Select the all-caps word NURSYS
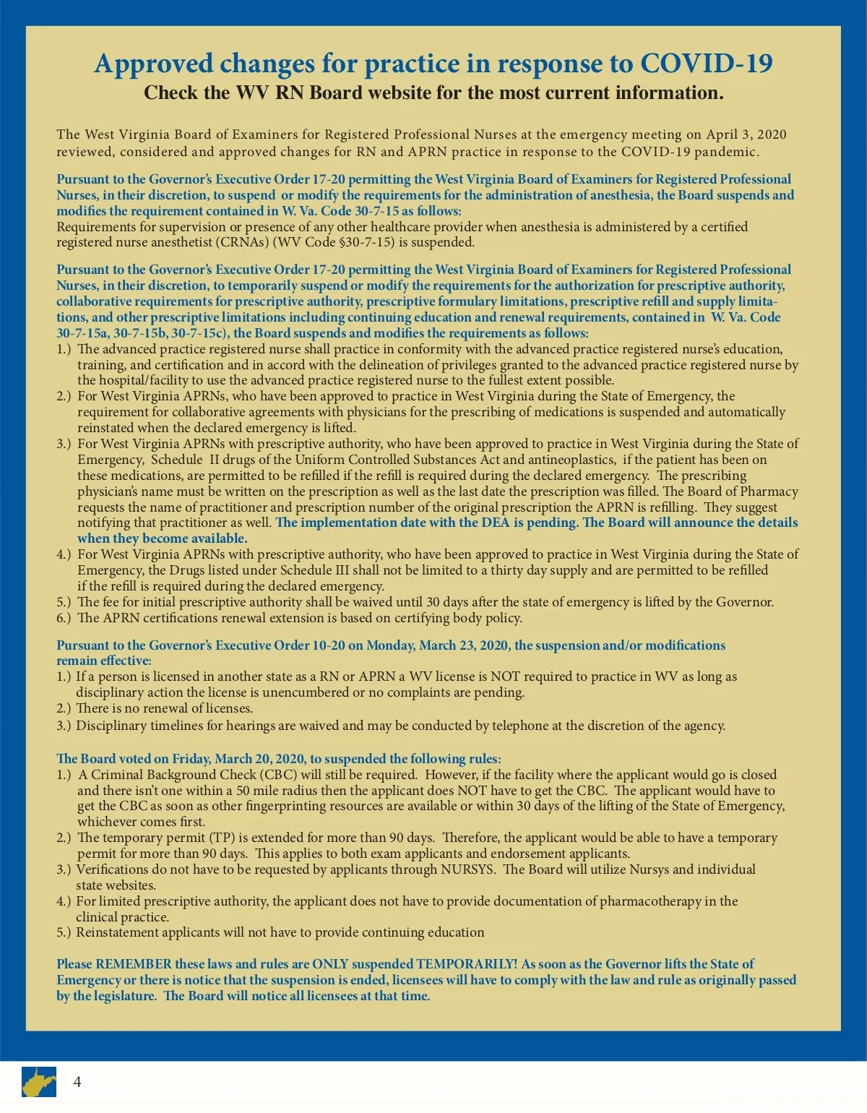tap(466, 869)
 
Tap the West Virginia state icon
tap(38, 1082)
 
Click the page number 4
tap(77, 1082)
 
